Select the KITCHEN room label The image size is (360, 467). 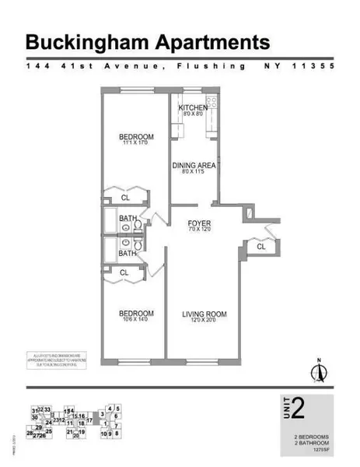192,107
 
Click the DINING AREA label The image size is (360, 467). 194,166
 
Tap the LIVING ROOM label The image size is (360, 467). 204,314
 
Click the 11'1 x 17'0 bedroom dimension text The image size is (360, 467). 134,143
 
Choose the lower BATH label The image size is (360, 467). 128,253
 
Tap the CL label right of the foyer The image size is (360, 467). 261,247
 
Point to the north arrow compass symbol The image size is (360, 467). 317,371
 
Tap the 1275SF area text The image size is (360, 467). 320,449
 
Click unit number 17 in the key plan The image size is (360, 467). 89,421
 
